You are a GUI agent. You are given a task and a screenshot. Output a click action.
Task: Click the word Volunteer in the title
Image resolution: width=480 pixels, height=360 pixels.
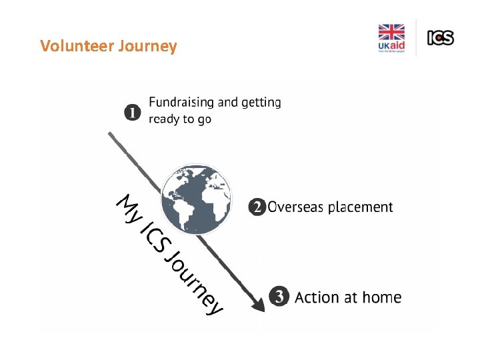(x=77, y=46)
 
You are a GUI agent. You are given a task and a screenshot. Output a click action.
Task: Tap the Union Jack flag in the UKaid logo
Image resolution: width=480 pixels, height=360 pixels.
(x=391, y=33)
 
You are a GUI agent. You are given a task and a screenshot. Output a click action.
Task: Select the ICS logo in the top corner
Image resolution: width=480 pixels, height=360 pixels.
(x=441, y=38)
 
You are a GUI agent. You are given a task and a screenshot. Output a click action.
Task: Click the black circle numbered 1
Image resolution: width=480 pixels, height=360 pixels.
(x=133, y=112)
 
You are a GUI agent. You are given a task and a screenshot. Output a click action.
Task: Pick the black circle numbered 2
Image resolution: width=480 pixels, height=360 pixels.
(x=256, y=207)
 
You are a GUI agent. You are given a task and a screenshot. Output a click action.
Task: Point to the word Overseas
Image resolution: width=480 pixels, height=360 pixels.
(x=296, y=207)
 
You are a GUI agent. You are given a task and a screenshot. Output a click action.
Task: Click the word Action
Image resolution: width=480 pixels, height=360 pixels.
(x=316, y=297)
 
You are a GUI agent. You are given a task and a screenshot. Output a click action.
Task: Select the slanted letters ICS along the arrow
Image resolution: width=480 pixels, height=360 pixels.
(x=155, y=238)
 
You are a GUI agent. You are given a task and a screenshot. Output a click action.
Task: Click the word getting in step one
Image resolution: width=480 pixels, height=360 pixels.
(x=261, y=103)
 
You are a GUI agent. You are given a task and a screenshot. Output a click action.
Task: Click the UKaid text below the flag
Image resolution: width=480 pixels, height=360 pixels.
(x=391, y=47)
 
